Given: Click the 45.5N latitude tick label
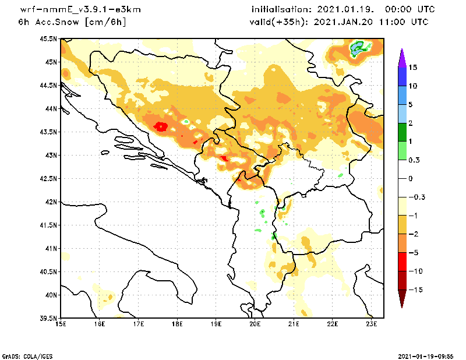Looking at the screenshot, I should (50, 39).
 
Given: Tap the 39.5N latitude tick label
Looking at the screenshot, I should (50, 319).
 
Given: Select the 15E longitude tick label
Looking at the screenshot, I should (61, 324).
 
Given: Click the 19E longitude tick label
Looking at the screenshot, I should (216, 324).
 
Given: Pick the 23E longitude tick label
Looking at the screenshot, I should (372, 324).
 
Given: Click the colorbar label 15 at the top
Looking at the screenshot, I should (413, 68).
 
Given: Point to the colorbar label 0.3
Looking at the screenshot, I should (414, 160).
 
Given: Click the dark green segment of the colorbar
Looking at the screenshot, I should (401, 132).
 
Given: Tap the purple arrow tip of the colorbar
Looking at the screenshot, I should (401, 57).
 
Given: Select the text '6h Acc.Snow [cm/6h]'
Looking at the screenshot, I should (72, 22).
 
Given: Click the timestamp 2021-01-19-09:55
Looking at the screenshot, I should (426, 355).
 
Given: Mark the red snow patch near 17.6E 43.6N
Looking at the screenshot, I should (161, 126).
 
